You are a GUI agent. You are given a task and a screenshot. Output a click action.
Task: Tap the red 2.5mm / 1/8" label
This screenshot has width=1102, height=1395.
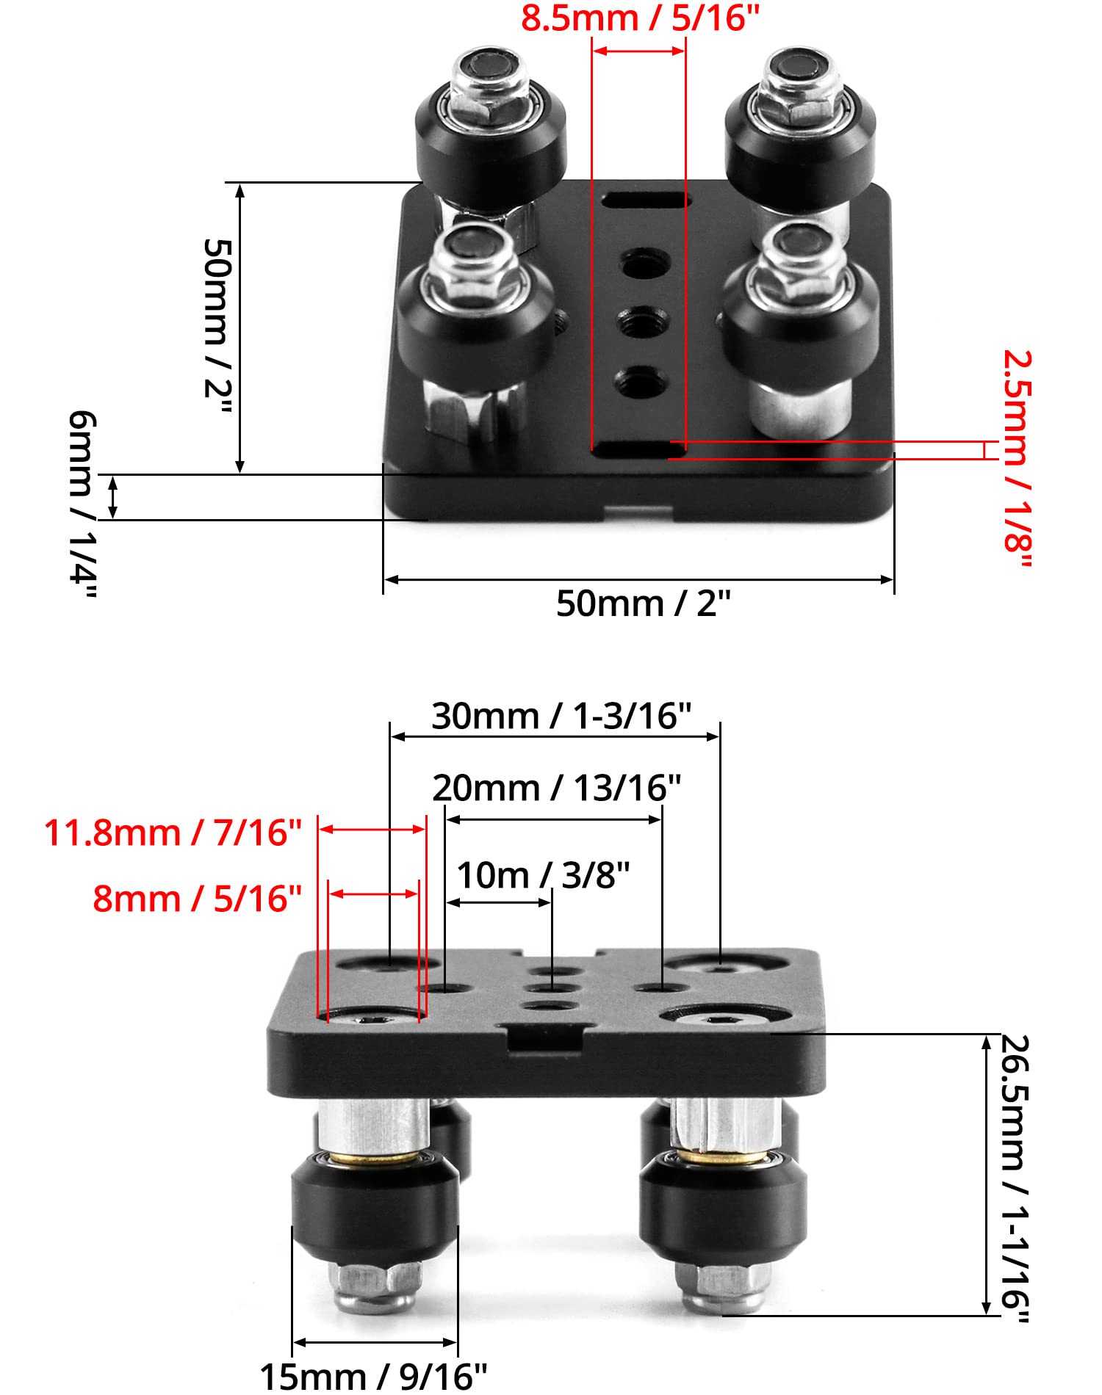[x=1018, y=459]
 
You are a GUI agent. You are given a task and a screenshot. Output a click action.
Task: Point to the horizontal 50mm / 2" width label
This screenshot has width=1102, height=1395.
[x=643, y=604]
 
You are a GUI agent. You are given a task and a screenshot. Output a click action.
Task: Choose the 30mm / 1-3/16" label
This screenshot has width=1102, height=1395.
[x=561, y=717]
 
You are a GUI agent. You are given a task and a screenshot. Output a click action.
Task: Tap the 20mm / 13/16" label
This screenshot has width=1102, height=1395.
[x=556, y=789]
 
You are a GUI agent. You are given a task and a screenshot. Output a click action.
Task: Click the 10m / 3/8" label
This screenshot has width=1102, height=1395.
[x=543, y=875]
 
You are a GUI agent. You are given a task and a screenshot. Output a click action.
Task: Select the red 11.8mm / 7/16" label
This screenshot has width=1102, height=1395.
[x=173, y=833]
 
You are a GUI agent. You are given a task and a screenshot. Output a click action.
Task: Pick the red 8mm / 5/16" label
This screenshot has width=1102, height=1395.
[x=197, y=899]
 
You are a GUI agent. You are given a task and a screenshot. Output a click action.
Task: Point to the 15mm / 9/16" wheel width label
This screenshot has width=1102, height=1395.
[x=373, y=1377]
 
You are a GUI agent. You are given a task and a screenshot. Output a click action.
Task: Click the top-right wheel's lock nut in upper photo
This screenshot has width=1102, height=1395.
[x=796, y=92]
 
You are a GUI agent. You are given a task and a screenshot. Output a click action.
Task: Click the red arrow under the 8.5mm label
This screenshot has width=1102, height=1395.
[x=638, y=51]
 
